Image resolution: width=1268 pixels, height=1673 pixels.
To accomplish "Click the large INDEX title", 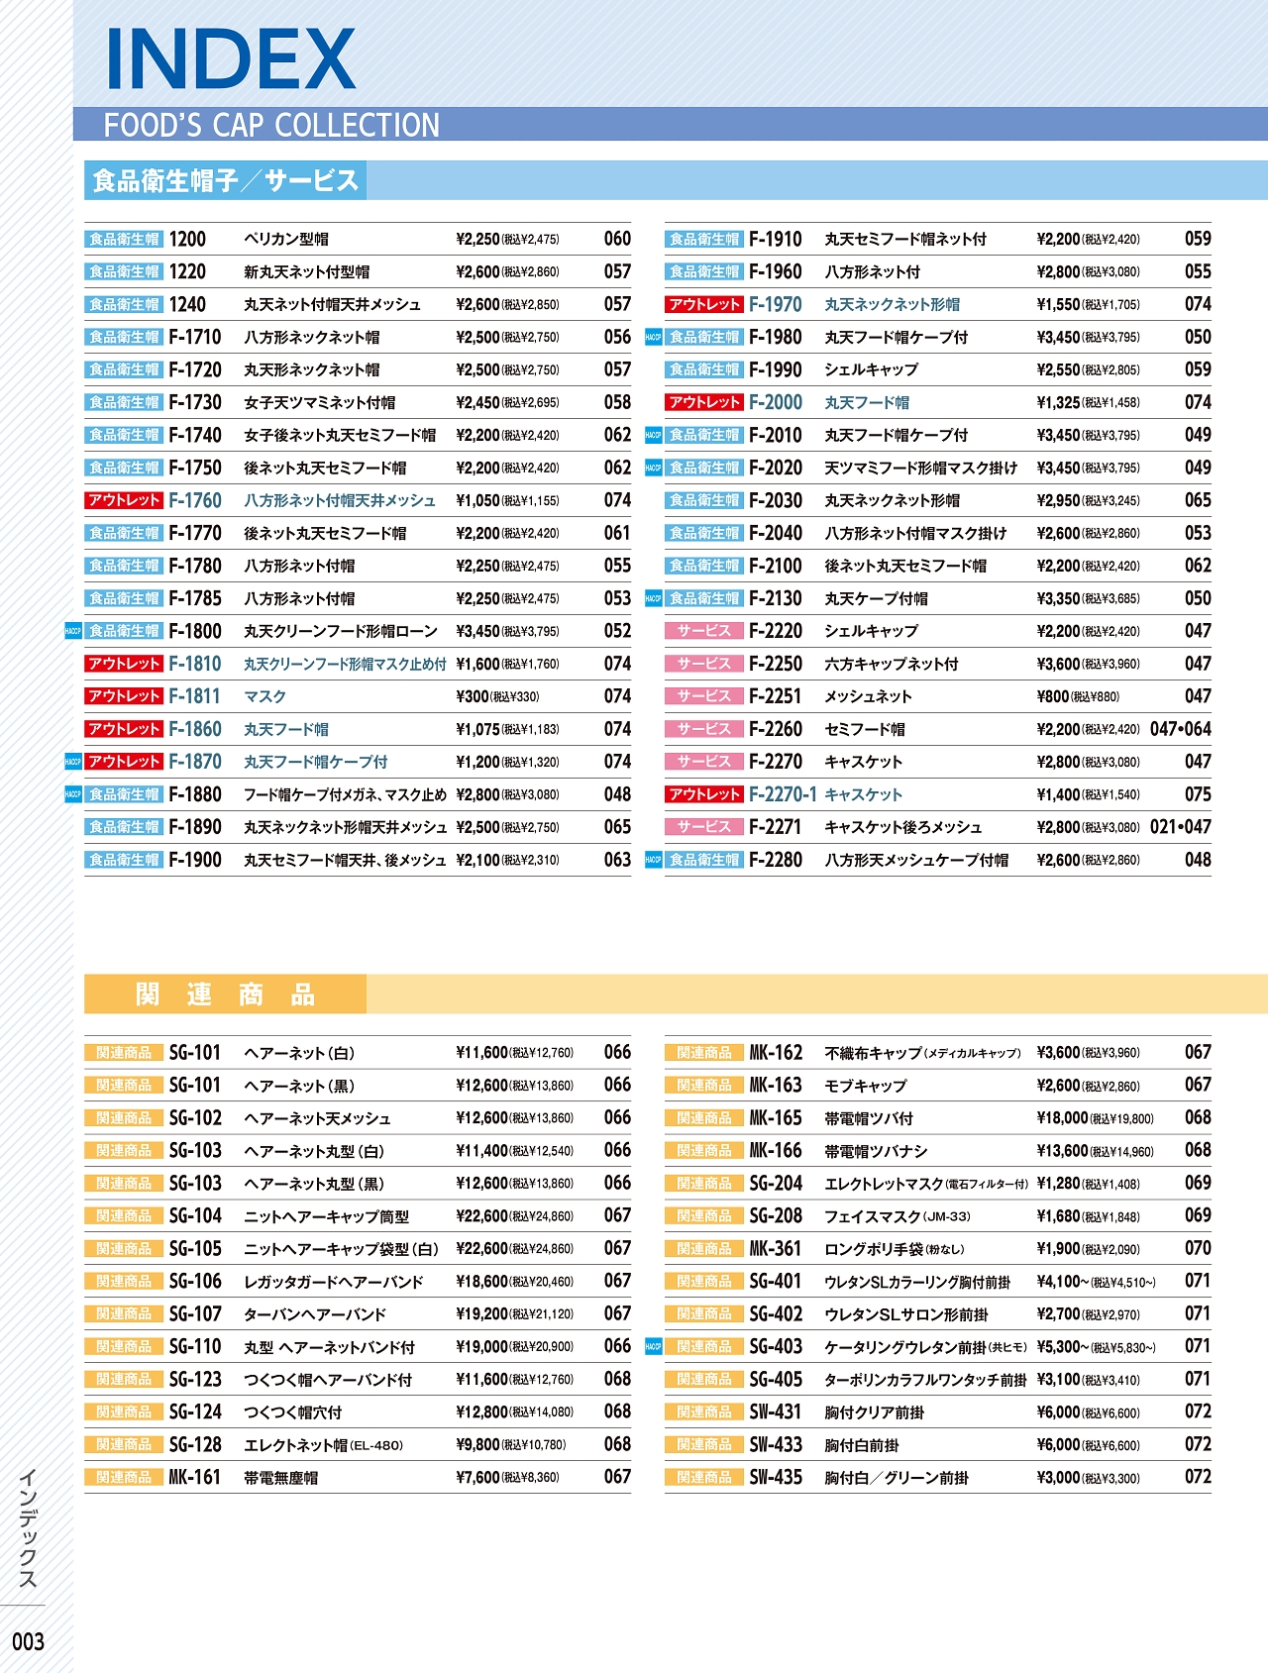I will [230, 59].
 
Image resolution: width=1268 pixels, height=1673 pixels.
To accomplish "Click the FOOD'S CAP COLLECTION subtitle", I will [271, 126].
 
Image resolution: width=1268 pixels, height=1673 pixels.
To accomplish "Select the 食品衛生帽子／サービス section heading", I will [225, 180].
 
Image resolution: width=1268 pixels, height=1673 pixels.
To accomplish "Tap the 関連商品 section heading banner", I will [225, 994].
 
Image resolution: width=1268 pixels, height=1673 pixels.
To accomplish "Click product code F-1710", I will [195, 337].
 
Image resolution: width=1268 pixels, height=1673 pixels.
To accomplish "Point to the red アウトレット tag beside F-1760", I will [124, 500].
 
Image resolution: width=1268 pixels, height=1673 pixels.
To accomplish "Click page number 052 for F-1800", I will [617, 631].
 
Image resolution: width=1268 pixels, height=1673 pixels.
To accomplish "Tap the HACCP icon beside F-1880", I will [72, 794].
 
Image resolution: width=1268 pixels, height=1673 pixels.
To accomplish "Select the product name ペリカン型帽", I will [286, 239].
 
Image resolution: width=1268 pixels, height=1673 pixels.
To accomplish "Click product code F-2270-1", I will [783, 794].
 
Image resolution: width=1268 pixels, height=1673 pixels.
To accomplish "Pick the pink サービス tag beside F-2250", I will [704, 664].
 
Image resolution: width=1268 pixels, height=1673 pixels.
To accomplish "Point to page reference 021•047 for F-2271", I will [1180, 827].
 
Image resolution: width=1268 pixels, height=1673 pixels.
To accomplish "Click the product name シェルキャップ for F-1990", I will [871, 369].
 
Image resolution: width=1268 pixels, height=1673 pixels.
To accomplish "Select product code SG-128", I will [195, 1444].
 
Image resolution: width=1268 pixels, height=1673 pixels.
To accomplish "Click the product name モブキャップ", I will [865, 1086].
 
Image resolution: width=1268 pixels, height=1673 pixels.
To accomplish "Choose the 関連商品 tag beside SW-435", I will [704, 1477].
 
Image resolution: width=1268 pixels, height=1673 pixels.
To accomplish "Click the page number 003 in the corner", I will [28, 1641].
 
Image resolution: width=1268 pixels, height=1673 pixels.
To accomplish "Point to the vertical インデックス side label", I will [28, 1529].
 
